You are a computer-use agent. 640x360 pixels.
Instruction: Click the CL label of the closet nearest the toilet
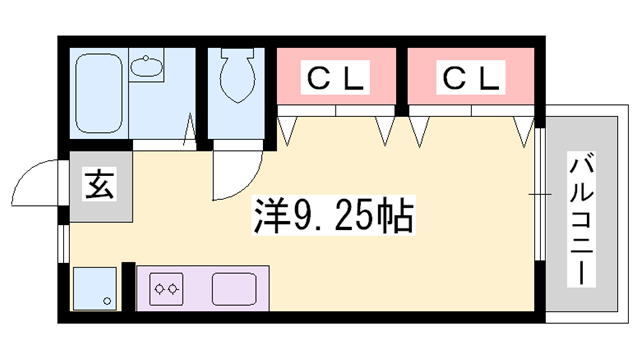coord(337,77)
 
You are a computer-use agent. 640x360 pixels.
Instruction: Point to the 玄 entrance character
coord(100,186)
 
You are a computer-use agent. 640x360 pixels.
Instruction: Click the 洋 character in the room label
coord(272,214)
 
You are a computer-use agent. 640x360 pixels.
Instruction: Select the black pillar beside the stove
coord(127,287)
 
